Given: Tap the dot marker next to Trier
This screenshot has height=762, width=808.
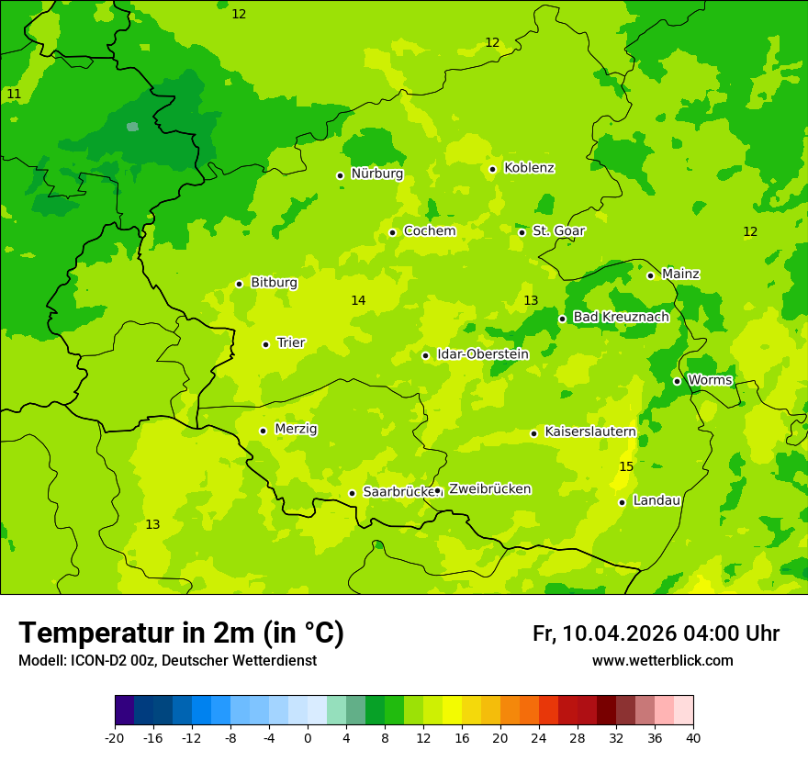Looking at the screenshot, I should pos(265,344).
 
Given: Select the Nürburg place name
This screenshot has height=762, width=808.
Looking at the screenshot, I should pos(376,174).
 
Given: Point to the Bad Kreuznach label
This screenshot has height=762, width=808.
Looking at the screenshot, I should pos(621,318).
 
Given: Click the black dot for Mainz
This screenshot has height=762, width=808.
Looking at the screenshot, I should pos(650,275).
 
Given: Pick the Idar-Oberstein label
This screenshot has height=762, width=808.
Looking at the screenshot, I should pos(482,354).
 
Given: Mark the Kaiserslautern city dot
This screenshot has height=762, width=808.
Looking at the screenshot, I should pos(533,433).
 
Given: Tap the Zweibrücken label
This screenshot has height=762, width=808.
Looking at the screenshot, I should pos(489,489).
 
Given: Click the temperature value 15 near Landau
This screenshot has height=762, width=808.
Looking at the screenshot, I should pos(626,467).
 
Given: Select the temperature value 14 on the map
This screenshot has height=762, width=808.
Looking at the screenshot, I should pos(358,301).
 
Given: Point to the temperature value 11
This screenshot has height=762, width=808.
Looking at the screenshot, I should pos(14,95).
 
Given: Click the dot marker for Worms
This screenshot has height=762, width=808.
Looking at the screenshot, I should pos(677,381).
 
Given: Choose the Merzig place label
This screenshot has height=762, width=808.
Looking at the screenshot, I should pos(296,430).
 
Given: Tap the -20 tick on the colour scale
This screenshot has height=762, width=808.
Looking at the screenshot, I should pos(115,737).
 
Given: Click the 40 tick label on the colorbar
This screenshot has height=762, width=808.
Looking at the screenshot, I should pos(692,737).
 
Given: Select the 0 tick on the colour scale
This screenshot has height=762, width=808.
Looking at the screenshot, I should pos(308,737).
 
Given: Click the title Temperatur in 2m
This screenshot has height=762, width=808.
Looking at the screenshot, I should pos(181,633).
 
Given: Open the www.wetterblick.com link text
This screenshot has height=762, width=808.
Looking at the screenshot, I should pos(662,661).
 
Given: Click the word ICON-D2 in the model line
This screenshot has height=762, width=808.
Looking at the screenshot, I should pos(95,661).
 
